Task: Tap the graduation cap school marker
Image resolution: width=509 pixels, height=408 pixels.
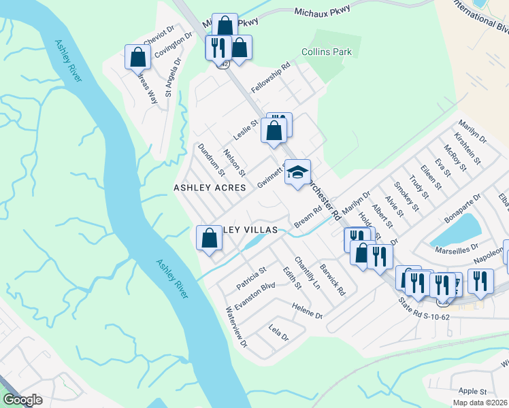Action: click(297, 173)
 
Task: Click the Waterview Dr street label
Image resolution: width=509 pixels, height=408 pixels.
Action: click(236, 328)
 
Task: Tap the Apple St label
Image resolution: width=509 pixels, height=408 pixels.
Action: click(472, 392)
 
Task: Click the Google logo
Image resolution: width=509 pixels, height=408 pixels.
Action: click(22, 400)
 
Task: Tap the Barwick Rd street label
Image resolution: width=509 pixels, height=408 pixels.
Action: click(333, 279)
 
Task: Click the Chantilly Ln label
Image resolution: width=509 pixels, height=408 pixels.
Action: click(307, 272)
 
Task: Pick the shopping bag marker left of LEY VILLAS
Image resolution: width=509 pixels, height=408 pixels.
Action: click(209, 238)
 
